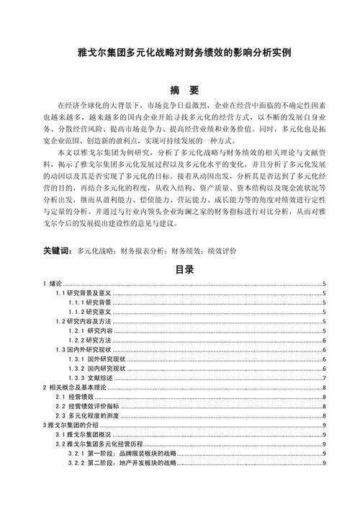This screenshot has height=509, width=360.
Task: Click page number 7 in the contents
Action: [325, 378]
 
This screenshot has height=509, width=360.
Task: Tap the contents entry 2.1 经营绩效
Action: [75, 397]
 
